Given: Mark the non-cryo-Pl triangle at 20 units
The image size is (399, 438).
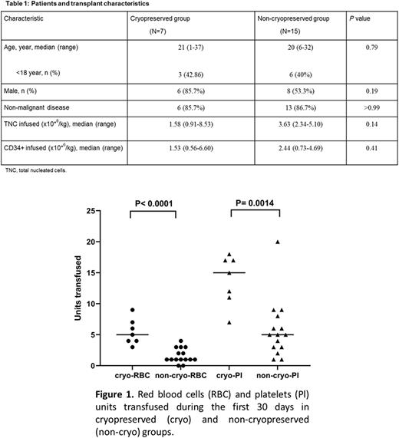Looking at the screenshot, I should [277, 242].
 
